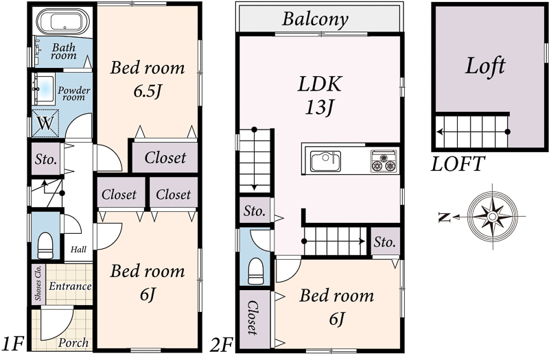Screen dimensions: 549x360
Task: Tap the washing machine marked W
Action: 45,123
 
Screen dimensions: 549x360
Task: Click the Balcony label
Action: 315,19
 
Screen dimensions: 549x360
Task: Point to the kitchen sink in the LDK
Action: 325,161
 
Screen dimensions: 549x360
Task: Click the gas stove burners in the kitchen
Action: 384,161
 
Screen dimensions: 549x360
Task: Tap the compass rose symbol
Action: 493,217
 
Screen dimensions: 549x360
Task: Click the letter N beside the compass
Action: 444,217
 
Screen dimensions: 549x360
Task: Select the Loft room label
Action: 485,66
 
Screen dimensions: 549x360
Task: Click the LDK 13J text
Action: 319,95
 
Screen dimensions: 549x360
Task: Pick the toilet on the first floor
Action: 45,245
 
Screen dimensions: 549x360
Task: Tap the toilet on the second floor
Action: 255,271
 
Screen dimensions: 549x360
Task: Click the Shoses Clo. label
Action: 38,283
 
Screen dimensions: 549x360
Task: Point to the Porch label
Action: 73,342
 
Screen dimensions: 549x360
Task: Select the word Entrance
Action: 70,286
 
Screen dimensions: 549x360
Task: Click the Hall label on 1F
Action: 78,250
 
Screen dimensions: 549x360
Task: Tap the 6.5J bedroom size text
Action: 148,91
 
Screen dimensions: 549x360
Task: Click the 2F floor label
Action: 221,346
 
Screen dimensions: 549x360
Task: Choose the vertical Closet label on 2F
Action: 253,317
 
